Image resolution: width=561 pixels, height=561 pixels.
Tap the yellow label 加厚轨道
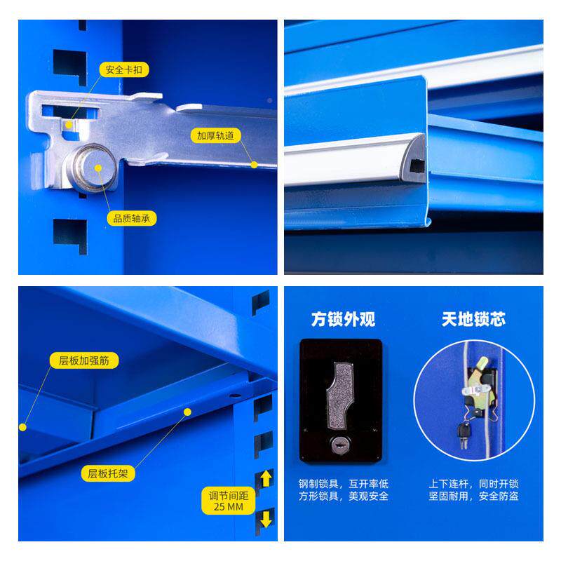click(x=215, y=135)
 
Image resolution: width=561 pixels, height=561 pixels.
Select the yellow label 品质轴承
click(x=132, y=218)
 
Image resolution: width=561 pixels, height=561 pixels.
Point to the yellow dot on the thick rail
click(x=254, y=165)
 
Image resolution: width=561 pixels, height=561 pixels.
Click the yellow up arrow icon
click(x=266, y=480)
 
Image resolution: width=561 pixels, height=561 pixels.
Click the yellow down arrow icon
click(x=266, y=519)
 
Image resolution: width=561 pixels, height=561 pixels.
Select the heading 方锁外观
click(x=344, y=320)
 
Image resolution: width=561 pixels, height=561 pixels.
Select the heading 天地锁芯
click(x=473, y=320)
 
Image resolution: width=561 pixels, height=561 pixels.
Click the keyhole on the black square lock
click(x=340, y=443)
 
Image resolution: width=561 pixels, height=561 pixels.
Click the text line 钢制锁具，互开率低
click(x=344, y=484)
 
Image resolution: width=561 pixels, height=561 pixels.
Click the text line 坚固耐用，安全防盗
click(x=474, y=496)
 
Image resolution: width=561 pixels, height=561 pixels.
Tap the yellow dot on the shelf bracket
click(x=187, y=411)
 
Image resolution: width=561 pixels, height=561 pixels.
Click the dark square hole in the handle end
click(x=415, y=165)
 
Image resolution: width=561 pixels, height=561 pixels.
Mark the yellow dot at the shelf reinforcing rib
click(x=22, y=426)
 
